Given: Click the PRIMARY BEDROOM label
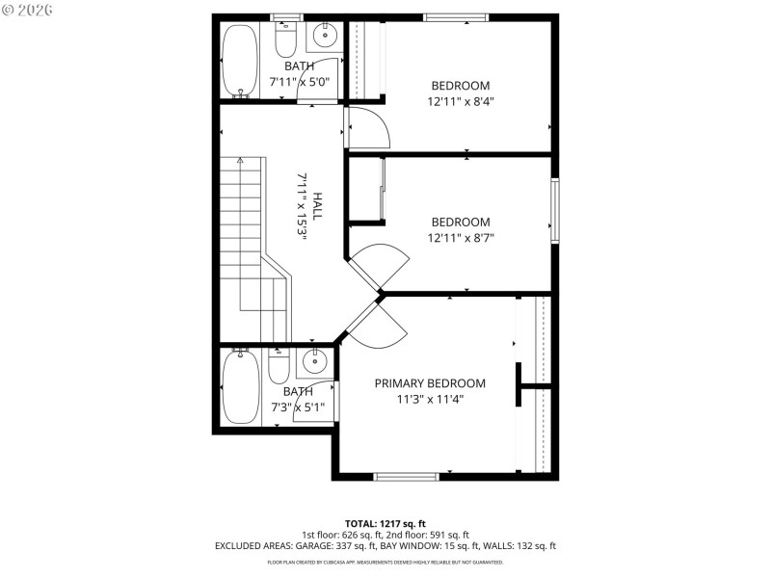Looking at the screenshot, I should coord(430,383).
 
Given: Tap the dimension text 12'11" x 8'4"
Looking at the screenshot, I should coord(460,101).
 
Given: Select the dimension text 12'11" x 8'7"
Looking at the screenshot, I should coord(460,238).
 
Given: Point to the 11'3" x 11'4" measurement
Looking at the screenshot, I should coord(430,400).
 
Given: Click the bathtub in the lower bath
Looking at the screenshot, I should coord(240,386).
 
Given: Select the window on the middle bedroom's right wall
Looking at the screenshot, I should coord(554,210).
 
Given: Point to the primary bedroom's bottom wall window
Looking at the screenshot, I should coord(406,476).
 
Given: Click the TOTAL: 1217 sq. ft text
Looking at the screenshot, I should coord(385,522).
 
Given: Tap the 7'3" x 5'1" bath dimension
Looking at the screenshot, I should coord(298,407).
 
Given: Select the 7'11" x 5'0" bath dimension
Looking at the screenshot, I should coord(298,82).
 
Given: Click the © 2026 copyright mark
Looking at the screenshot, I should coord(28,10).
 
